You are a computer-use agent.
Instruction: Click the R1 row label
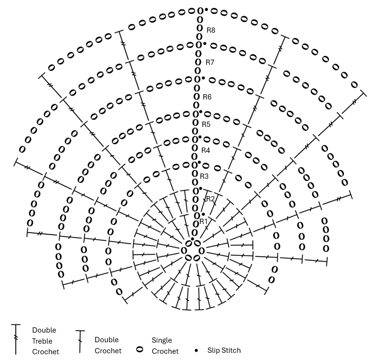click(204, 222)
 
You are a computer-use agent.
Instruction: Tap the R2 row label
click(210, 199)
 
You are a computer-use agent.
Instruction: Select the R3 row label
click(204, 176)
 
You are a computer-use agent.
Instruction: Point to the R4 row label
click(206, 150)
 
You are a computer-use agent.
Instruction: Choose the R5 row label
click(206, 124)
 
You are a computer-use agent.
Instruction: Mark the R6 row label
click(207, 97)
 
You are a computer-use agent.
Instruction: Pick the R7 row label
click(210, 62)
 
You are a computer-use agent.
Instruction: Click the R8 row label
click(211, 30)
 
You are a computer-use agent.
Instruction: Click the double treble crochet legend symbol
click(16, 339)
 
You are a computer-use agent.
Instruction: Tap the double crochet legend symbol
click(80, 342)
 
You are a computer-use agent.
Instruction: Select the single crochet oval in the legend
click(140, 349)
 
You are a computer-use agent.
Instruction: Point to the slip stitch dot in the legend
click(196, 350)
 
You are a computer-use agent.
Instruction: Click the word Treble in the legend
click(42, 341)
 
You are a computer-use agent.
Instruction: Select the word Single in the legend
click(162, 340)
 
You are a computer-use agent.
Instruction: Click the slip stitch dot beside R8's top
click(206, 10)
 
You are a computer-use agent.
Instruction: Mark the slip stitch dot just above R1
click(203, 214)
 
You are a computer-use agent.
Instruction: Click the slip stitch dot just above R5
click(200, 112)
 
